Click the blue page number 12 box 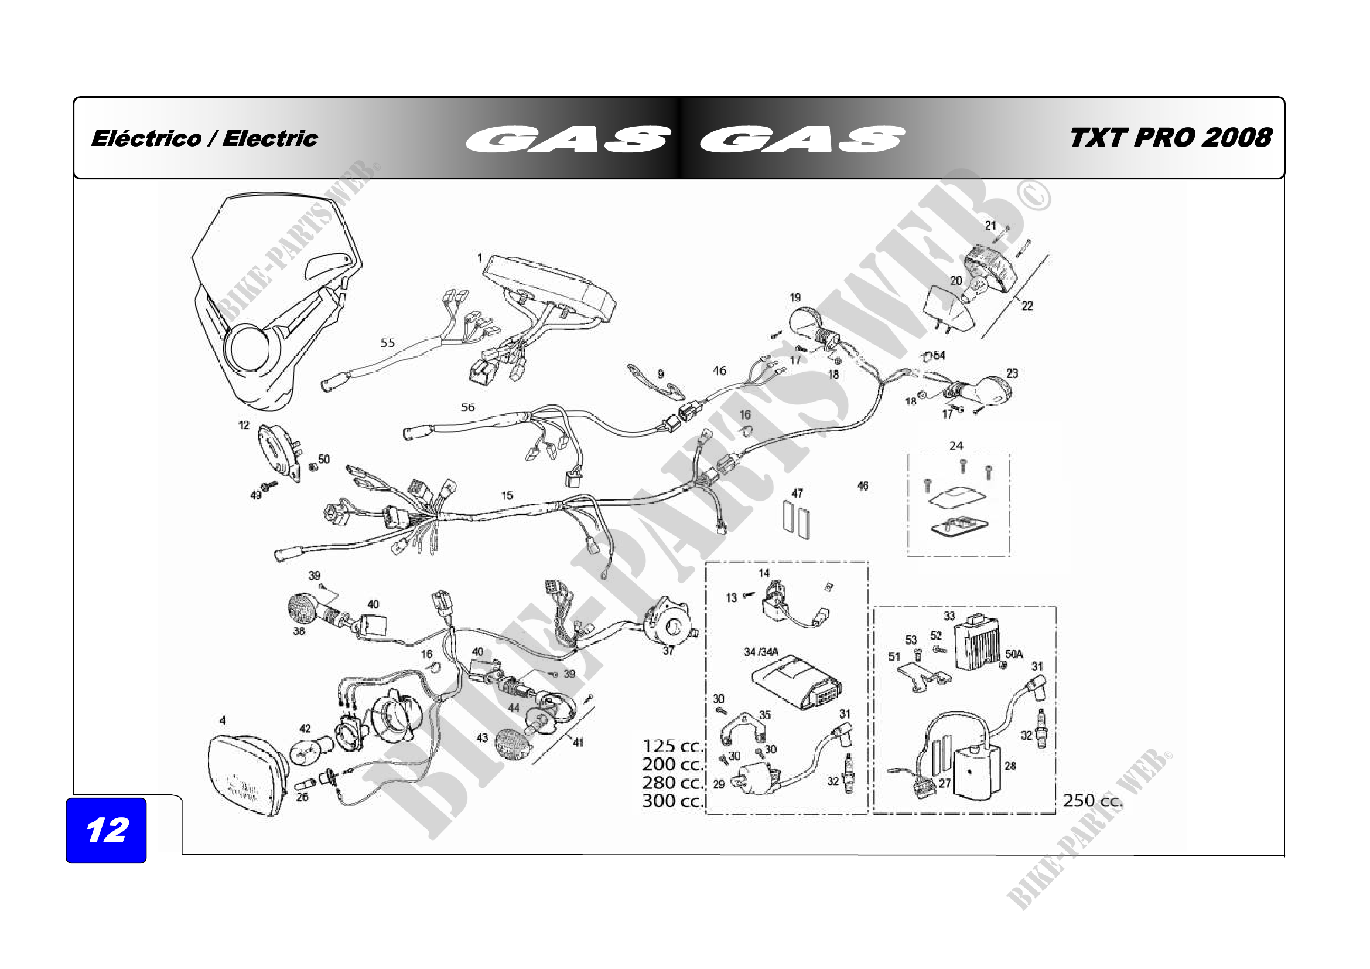coord(105,830)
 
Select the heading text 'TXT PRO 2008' coord(1171,138)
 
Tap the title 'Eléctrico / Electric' coord(204,138)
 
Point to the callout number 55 coord(387,343)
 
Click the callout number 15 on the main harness coord(507,495)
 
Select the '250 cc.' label coord(1092,801)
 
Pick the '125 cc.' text coord(672,746)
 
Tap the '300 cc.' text coord(672,801)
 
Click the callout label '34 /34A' coord(761,652)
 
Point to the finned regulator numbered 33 coord(978,645)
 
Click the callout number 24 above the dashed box coord(956,446)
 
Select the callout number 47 coord(797,493)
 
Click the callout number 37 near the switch coord(668,651)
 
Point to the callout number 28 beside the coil coord(1010,766)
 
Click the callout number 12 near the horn coord(244,425)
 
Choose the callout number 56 coord(468,407)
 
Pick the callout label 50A coord(1014,654)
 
